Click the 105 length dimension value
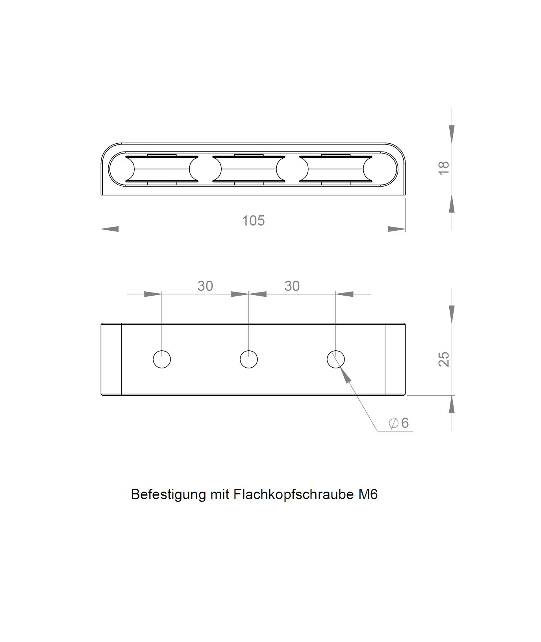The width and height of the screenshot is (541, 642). [253, 220]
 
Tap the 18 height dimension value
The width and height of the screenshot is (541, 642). [443, 168]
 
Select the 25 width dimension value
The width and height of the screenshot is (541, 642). [443, 359]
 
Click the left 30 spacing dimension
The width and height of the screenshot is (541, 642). [205, 286]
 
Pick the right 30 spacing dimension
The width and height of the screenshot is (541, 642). [292, 286]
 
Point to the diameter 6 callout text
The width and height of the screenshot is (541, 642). [399, 423]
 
